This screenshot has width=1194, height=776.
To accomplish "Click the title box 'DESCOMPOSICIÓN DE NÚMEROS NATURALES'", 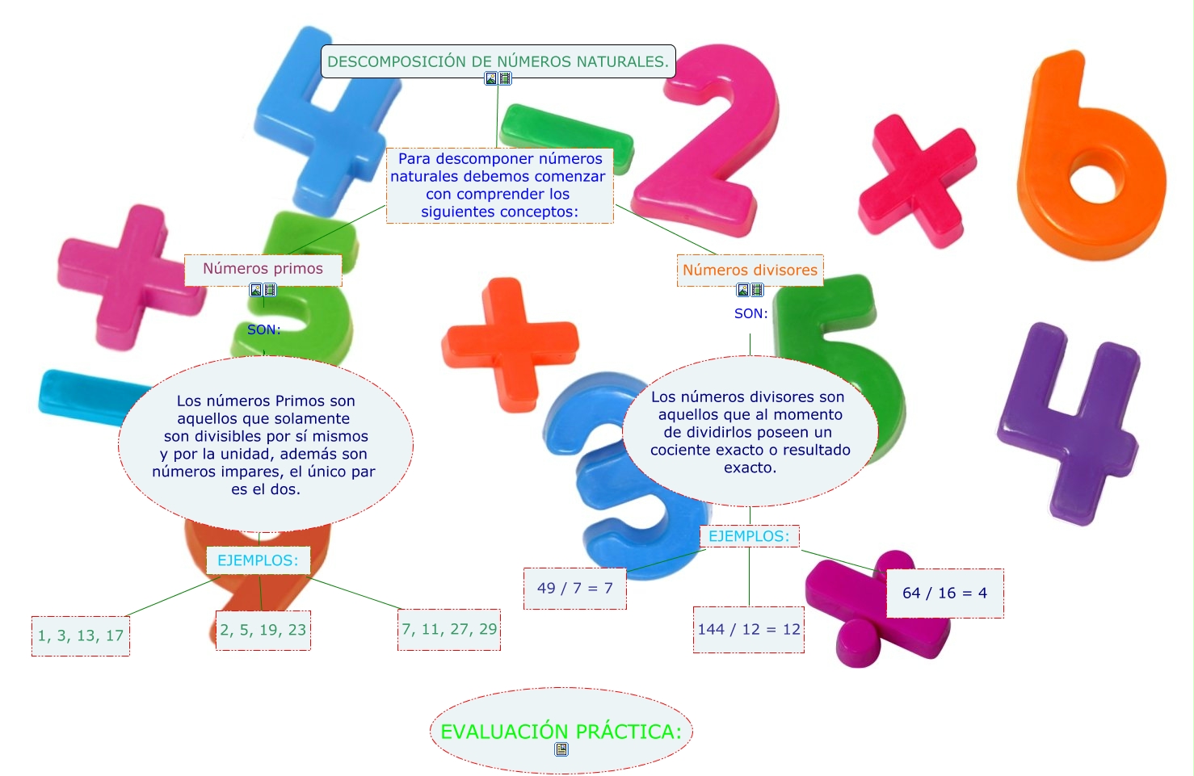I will point(498,61).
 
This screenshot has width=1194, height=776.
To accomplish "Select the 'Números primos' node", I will point(263,269).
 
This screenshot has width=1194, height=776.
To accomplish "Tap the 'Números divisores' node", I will point(750,271).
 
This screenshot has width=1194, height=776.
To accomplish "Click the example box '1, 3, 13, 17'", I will point(81,635).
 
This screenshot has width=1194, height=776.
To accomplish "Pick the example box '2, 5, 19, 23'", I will point(263,630).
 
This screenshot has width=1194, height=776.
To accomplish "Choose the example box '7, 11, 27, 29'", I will point(450,629).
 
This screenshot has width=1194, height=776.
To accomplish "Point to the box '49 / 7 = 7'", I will point(575,588).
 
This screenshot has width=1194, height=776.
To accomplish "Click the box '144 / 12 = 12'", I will point(749,629).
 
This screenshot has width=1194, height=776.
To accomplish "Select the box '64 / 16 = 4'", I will point(944,593).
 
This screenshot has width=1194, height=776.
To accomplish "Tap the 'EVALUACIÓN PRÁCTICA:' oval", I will point(561,731).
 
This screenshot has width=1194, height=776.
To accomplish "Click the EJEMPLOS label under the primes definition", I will point(258,560).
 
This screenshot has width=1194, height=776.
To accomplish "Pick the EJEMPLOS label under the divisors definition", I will point(749,536).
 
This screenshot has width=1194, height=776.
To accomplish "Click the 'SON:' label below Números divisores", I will point(750,313).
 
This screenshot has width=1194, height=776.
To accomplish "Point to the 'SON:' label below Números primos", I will point(264,329).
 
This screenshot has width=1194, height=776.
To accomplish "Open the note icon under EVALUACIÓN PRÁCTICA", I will point(561,749).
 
